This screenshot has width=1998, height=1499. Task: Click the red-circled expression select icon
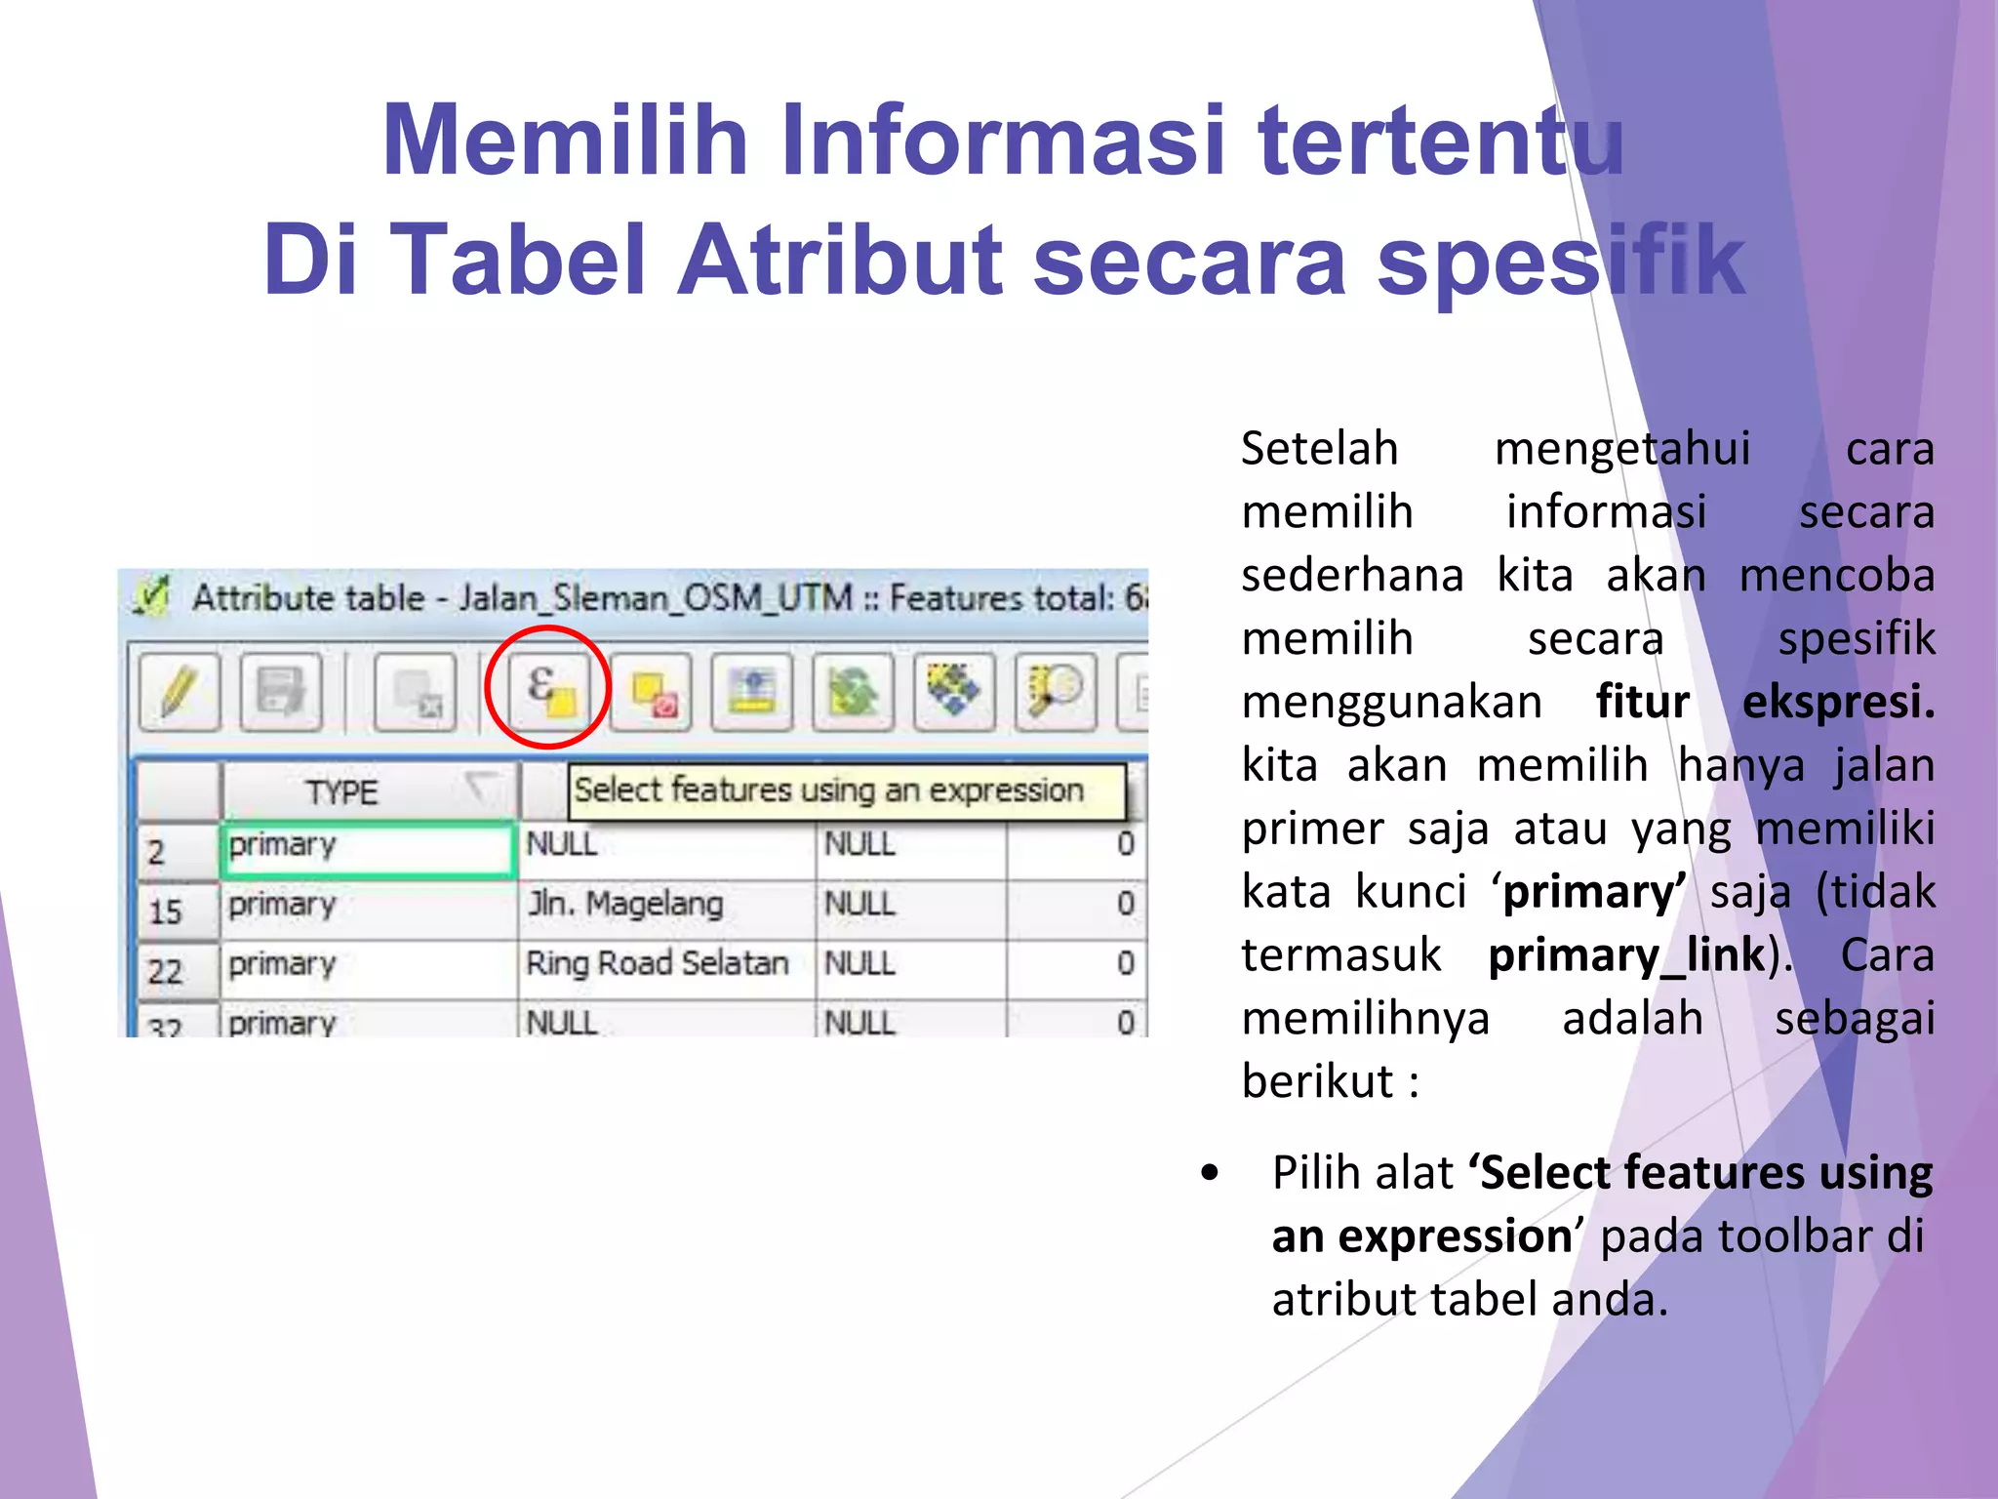(549, 689)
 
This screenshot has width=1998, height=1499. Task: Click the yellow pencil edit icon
(180, 691)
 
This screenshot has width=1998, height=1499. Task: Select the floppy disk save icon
(280, 691)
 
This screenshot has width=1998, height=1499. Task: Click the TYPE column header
(341, 791)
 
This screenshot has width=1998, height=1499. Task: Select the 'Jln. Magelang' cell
(625, 905)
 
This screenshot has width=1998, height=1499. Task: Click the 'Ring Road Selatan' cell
(657, 964)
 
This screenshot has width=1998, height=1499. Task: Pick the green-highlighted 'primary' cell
(366, 847)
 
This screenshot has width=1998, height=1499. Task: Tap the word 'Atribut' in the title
(840, 261)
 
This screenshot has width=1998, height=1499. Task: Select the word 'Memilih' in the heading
(566, 141)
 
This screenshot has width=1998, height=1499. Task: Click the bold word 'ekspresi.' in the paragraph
(1838, 703)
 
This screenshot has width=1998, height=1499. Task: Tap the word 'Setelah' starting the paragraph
(1319, 449)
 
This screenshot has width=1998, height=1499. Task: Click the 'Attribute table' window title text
(308, 597)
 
